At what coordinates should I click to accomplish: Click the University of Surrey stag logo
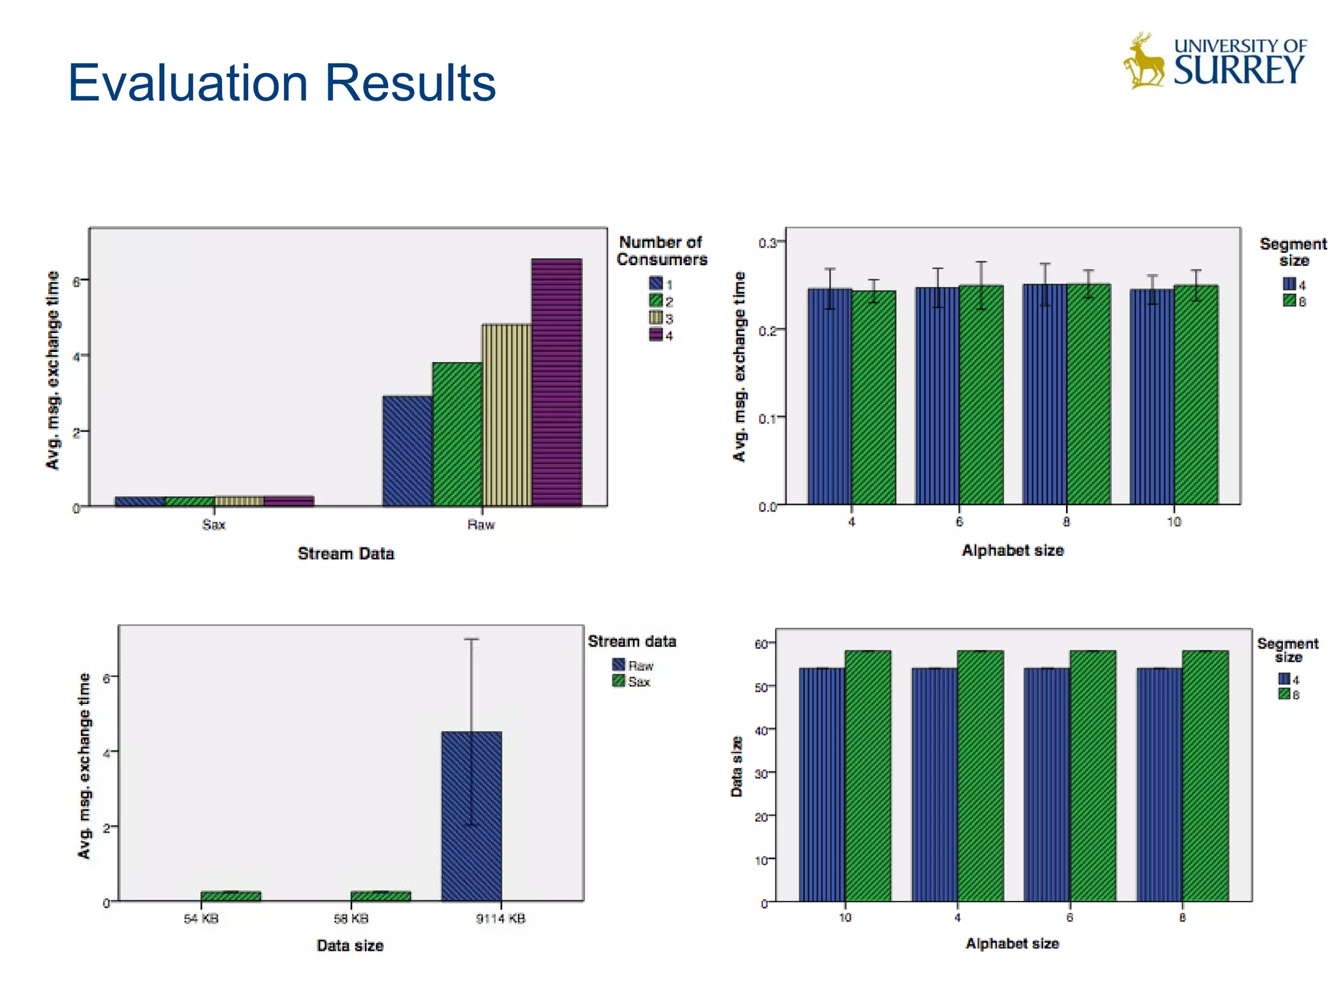[1144, 61]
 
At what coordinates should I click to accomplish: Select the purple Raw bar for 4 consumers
[556, 382]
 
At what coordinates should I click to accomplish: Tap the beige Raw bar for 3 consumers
[507, 415]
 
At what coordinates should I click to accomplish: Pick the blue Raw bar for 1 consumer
[407, 451]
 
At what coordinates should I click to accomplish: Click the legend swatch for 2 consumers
[655, 300]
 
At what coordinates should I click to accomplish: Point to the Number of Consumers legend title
[661, 251]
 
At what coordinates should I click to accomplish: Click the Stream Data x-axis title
[345, 553]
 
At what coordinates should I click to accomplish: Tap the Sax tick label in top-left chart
[213, 524]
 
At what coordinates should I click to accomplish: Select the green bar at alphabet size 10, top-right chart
[1195, 394]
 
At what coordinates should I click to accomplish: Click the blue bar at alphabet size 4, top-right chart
[829, 396]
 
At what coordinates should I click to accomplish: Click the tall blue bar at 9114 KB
[471, 816]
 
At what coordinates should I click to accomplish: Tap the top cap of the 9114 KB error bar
[471, 639]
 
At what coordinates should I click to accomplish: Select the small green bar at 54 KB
[230, 896]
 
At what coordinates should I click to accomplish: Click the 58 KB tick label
[351, 919]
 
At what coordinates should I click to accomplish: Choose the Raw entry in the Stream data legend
[633, 665]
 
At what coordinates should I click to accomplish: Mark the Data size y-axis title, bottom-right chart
[736, 767]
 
